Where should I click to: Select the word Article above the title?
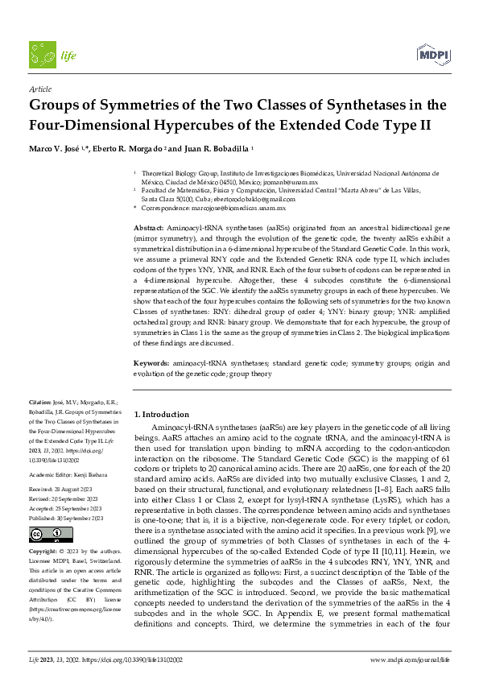click(x=39, y=89)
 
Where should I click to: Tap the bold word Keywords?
click(x=151, y=364)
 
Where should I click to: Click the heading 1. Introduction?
click(x=161, y=414)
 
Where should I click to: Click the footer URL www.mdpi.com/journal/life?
click(x=410, y=659)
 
